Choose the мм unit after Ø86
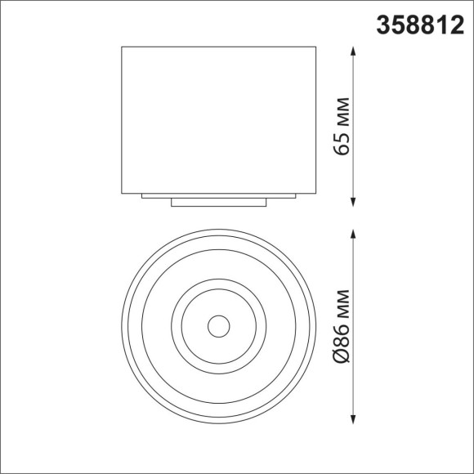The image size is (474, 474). [x=343, y=304]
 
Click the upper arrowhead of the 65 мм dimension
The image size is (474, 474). [x=354, y=51]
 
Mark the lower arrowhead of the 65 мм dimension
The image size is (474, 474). [x=354, y=200]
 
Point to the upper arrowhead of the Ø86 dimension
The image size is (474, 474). [x=354, y=233]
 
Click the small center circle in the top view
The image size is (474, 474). [x=218, y=326]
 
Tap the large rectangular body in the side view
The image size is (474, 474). [x=218, y=118]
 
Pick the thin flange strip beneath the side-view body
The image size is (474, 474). [x=218, y=196]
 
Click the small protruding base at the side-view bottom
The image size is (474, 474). [x=218, y=202]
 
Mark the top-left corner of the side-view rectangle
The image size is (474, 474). [x=122, y=47]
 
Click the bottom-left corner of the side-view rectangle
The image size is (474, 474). [x=122, y=193]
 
